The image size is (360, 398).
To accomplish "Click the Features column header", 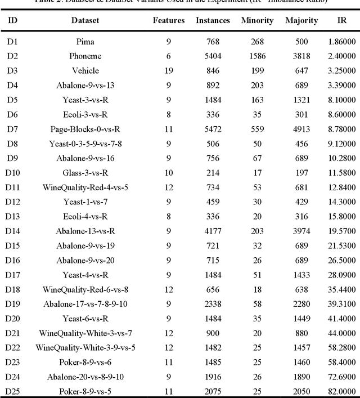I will coord(169,20).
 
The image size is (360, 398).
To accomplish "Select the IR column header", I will coord(341,20).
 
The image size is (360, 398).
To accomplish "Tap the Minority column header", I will coord(257,20).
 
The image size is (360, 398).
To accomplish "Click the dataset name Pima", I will coord(85,42).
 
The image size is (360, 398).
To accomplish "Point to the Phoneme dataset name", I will coord(85,56).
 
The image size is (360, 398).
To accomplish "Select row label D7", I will coord(12,129).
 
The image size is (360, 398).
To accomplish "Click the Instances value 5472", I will coord(213,129).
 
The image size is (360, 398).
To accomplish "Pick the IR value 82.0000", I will coord(341,391).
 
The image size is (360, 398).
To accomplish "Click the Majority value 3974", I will coord(301,231).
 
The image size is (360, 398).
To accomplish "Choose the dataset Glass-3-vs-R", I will coord(85,173).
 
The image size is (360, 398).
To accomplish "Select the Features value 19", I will coord(169,71).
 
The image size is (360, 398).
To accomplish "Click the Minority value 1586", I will coord(257,56).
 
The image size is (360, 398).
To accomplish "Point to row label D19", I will coord(12,304).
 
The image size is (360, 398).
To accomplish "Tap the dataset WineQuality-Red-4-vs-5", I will coord(85,187).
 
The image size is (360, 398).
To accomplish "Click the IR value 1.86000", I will coord(341,42).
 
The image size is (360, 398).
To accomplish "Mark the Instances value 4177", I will coord(213,231).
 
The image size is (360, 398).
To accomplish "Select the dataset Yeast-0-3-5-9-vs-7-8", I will coord(85,144).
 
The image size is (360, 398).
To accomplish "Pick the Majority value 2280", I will coord(301,304).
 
